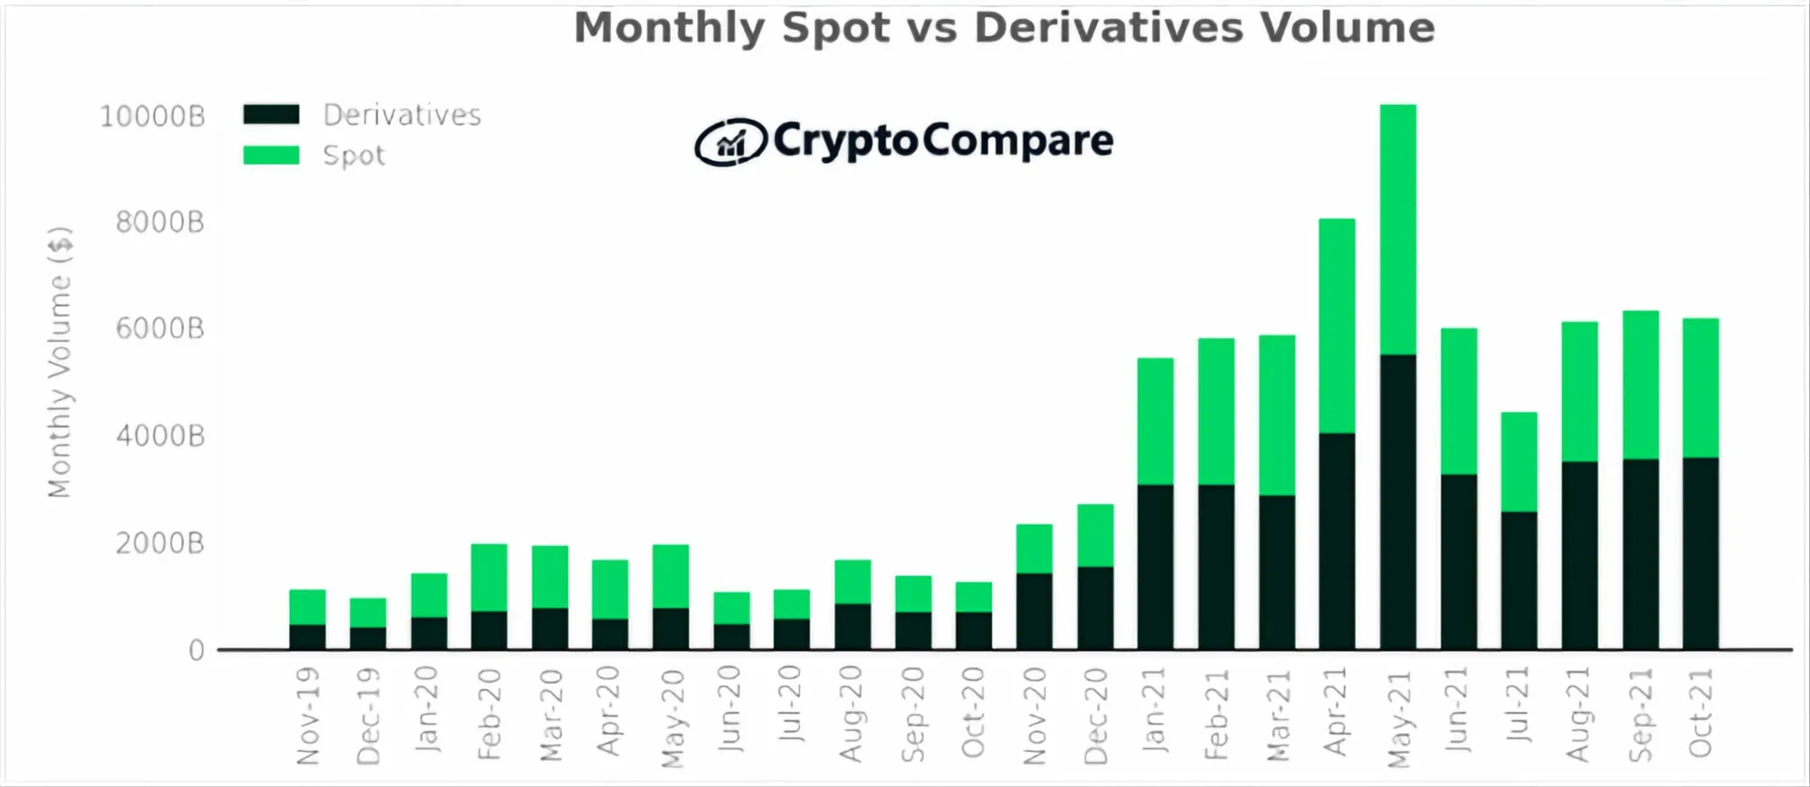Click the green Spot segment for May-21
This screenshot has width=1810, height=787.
(x=1398, y=229)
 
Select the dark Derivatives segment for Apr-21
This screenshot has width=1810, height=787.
(x=1338, y=541)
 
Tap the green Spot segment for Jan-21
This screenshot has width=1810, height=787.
(x=1156, y=422)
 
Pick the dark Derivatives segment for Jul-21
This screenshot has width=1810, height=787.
(x=1519, y=581)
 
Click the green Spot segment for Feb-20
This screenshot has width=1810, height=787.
(x=490, y=577)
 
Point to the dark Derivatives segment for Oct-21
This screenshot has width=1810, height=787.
(x=1701, y=554)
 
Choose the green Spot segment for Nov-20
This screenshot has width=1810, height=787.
(x=1034, y=548)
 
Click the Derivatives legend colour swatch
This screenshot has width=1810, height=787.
(x=271, y=115)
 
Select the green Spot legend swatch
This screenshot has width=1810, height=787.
(x=271, y=156)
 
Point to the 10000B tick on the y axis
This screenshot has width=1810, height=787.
(x=152, y=117)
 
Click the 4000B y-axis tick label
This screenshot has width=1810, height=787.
(x=160, y=436)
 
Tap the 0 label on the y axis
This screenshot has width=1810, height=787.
(x=196, y=650)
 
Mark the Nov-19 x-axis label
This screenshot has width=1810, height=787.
(x=309, y=716)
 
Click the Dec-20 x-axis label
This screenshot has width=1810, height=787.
(x=1096, y=716)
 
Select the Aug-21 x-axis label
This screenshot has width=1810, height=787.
(x=1579, y=715)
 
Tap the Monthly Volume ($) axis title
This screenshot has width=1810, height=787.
(x=60, y=362)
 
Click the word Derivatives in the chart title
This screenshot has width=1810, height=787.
(x=1109, y=28)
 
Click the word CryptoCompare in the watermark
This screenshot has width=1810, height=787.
(x=943, y=140)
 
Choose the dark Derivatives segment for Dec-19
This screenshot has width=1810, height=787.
(x=368, y=639)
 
